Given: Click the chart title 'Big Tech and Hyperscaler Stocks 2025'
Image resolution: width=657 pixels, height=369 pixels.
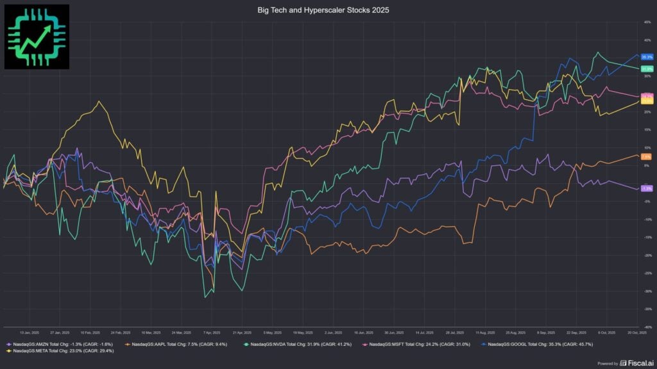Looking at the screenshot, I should [328, 10].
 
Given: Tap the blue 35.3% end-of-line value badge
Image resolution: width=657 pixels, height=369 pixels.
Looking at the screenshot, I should [646, 57].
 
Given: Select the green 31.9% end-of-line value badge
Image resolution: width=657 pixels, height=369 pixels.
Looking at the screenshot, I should [646, 69].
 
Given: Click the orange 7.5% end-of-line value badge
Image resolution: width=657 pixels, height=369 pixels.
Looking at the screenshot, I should [646, 156].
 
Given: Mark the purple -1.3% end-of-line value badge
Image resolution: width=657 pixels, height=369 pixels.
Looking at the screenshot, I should [646, 188].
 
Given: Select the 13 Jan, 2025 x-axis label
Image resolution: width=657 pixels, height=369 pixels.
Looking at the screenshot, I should [29, 332].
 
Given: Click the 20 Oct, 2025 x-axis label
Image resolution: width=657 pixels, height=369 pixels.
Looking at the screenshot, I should [636, 332].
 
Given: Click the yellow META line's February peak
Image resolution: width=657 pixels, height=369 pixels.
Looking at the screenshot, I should [99, 101].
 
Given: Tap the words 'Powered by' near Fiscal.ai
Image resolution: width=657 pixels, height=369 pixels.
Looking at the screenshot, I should [608, 363].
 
